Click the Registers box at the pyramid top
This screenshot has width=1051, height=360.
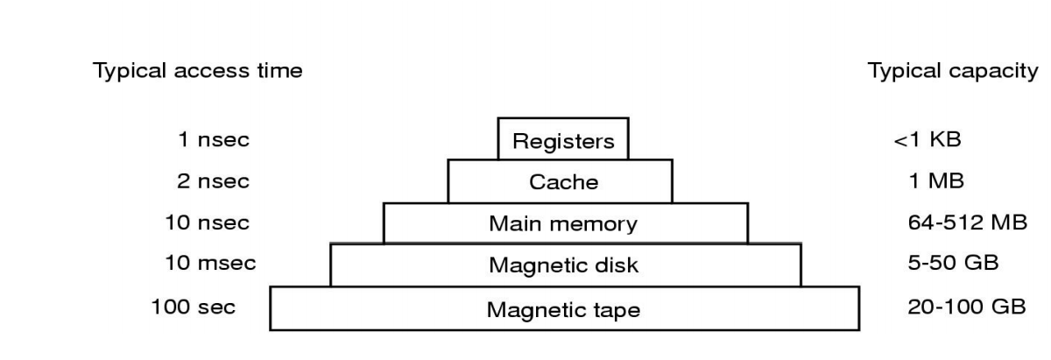(563, 139)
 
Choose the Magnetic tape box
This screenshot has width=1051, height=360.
(563, 309)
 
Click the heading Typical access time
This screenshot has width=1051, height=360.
(198, 72)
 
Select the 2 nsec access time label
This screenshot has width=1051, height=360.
(207, 181)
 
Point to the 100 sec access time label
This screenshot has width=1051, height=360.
(193, 307)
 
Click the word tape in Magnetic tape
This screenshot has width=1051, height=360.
(613, 310)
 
